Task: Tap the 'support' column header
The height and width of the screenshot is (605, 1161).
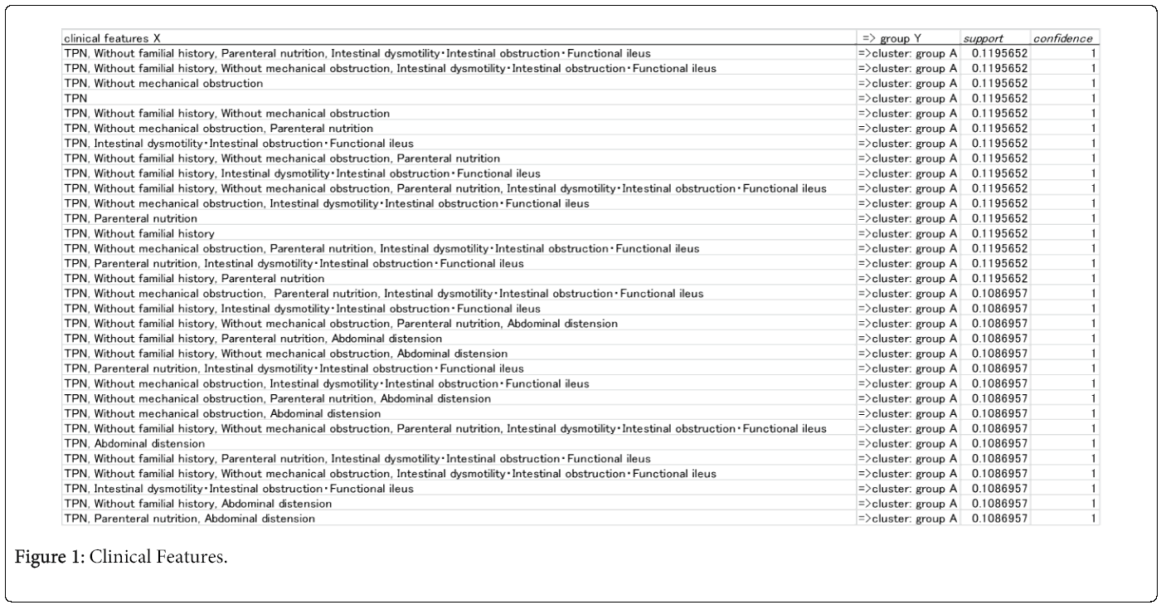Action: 983,38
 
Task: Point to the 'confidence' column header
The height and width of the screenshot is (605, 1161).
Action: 1062,38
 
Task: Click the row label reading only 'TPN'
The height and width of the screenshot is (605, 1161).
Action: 75,98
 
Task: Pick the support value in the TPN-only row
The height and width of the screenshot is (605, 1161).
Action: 999,98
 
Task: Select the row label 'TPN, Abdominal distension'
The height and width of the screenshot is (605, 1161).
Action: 134,443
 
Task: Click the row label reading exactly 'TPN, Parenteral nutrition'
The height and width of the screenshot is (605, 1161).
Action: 130,218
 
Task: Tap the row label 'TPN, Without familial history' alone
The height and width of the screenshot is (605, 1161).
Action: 138,233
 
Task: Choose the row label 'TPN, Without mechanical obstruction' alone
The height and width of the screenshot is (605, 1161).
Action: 163,83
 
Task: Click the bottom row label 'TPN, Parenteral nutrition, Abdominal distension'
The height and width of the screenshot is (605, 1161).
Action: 189,519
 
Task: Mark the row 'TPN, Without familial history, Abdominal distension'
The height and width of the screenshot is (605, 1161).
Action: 197,504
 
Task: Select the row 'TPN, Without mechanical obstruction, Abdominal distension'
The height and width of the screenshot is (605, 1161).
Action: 222,413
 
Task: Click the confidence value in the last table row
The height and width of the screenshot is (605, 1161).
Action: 1094,519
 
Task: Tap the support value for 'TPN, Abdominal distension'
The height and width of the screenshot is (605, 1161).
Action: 999,443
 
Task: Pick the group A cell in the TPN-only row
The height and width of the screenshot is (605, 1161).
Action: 908,98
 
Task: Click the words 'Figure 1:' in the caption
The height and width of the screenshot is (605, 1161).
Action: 50,557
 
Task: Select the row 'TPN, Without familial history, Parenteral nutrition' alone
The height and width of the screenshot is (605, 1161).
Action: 194,278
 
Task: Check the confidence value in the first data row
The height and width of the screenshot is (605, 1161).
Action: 1094,53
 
